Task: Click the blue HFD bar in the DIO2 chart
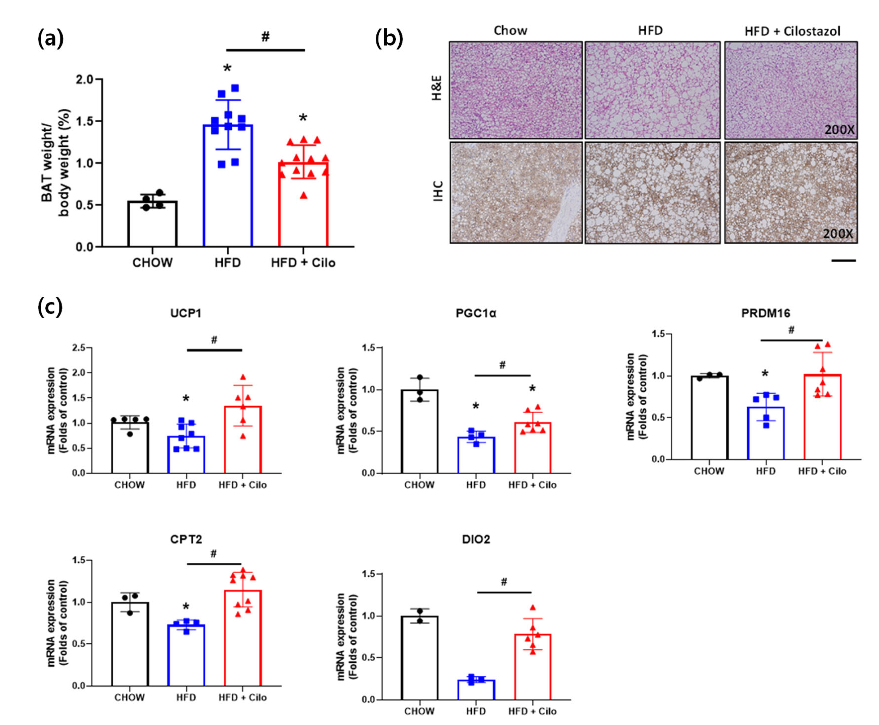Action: (x=476, y=690)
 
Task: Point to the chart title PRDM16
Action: (x=765, y=313)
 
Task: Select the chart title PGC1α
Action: (x=476, y=313)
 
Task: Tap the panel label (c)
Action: (x=50, y=307)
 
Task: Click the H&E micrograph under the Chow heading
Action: (x=516, y=90)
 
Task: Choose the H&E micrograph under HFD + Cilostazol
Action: (x=791, y=90)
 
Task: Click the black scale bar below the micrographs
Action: (x=843, y=261)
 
